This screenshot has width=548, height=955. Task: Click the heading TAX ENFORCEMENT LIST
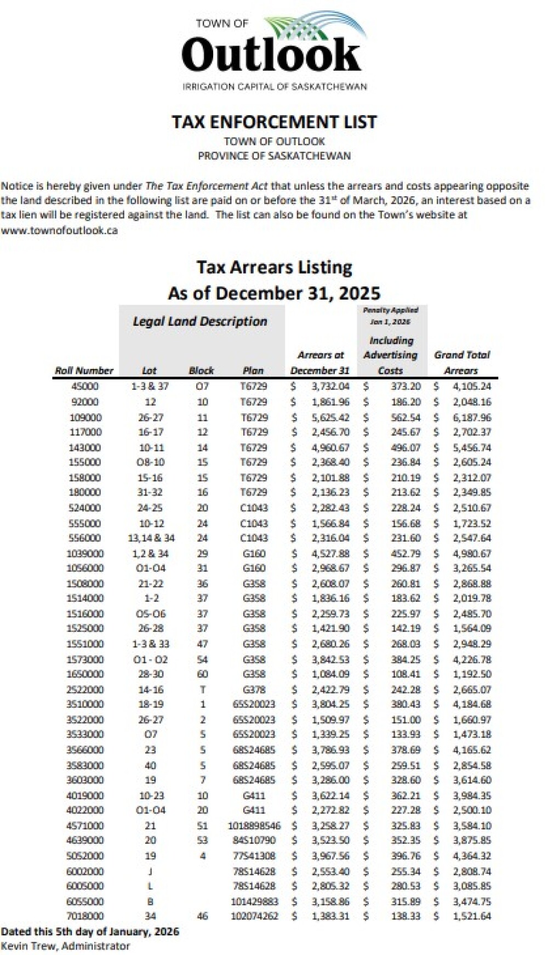click(x=274, y=122)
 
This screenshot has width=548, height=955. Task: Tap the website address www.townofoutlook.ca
click(x=59, y=230)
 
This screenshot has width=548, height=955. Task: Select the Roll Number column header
click(x=84, y=371)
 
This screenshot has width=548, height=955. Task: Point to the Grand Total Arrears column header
click(x=462, y=362)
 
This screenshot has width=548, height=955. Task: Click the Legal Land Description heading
click(x=200, y=322)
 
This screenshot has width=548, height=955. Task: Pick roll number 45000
click(x=85, y=386)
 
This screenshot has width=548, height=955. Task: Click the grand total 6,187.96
click(x=471, y=417)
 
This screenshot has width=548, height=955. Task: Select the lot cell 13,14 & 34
click(x=151, y=538)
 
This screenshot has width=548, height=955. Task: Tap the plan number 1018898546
click(x=254, y=826)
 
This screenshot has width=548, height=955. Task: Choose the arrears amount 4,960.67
click(x=330, y=447)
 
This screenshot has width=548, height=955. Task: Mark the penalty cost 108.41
click(x=406, y=674)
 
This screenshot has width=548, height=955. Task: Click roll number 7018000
click(x=85, y=916)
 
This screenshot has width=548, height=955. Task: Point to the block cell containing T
click(x=203, y=690)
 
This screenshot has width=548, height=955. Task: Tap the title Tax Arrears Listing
click(x=274, y=268)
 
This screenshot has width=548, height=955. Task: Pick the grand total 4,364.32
click(x=471, y=856)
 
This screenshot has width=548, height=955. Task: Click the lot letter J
click(x=151, y=871)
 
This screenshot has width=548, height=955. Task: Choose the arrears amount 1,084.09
click(x=330, y=674)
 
